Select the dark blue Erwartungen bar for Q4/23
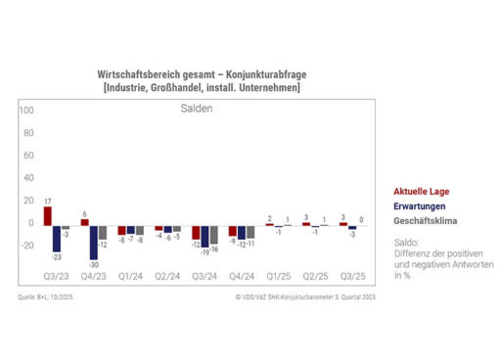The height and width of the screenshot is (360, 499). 93,243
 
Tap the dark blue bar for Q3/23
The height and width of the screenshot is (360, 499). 57,239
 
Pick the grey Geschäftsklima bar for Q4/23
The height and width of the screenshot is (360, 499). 103,233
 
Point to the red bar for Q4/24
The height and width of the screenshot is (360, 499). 232,231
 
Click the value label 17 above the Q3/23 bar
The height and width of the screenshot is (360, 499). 47,201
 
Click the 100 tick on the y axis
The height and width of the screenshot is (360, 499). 26,110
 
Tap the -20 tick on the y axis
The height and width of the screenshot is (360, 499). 26,245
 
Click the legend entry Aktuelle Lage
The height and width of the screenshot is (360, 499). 422,192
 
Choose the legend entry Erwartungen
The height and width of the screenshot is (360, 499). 420,206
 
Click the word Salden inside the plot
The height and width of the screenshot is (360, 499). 196,109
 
